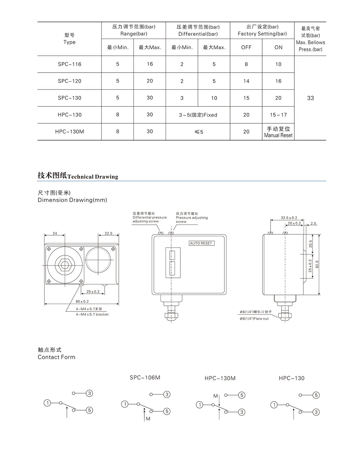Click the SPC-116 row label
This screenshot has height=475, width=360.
point(70,64)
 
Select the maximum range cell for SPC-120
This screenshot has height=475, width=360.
point(150,81)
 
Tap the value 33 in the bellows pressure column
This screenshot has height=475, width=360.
point(310,98)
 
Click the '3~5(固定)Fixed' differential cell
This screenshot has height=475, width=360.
point(198,115)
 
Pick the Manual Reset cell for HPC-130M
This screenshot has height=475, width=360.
point(278,132)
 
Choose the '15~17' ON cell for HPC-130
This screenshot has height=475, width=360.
point(278,115)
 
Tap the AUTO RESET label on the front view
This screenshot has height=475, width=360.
point(201,243)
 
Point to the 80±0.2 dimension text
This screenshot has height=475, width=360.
point(82,301)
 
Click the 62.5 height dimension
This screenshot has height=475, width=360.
point(317,264)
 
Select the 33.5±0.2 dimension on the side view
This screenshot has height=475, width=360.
point(289,218)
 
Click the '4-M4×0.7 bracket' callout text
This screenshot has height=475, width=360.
point(92,314)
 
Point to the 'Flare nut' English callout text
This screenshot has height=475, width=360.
point(254,319)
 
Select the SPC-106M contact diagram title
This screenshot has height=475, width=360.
point(145,377)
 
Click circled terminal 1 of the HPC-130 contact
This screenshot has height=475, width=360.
point(274,405)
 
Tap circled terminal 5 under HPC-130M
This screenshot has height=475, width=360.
point(242,395)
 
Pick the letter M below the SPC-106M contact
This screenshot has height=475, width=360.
point(148,419)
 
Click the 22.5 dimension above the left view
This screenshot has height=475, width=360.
point(108,233)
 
